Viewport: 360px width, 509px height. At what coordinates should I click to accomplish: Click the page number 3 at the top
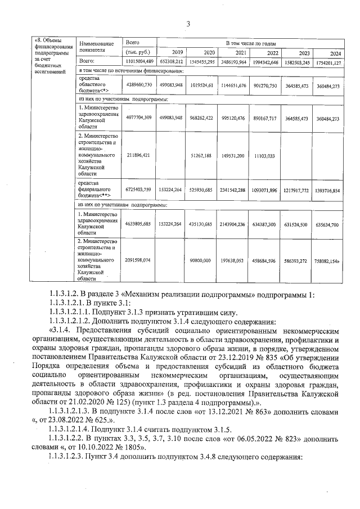coord(188,24)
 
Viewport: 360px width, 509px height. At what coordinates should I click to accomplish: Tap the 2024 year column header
coord(336,53)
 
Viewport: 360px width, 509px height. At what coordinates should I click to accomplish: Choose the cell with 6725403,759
coord(139,191)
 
